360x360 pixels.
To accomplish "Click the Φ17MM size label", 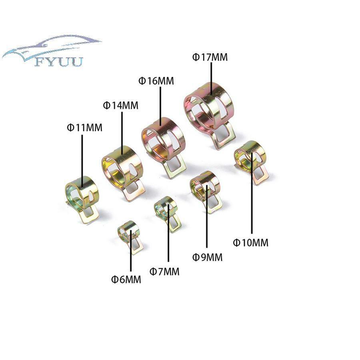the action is coord(210,57).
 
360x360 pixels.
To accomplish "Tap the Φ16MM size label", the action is coord(156,81).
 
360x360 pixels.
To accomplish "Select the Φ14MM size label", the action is coord(121,106).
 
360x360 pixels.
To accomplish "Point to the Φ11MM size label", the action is coord(84,128).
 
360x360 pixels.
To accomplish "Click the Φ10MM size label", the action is coord(251,243).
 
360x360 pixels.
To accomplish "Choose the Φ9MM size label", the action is coord(207,257).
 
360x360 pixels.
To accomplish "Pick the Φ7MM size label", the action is coord(164,272).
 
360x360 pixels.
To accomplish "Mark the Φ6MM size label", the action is coord(126,280).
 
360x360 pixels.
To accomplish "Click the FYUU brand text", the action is coord(59,62).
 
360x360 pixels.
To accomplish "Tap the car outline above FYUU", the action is coord(52,47).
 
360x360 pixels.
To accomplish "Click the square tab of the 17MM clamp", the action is coord(224,136).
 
